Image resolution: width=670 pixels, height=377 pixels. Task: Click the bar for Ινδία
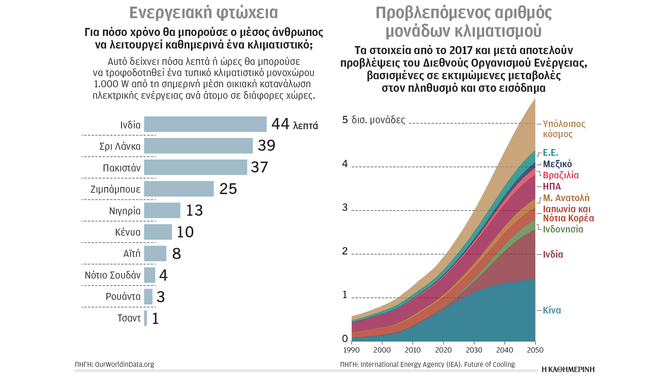(205, 124)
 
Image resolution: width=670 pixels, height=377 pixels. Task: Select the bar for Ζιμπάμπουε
(179, 189)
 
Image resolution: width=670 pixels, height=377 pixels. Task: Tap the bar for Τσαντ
(146, 318)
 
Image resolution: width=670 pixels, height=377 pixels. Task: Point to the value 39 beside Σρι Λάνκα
(267, 146)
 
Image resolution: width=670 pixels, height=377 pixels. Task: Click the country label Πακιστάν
(122, 168)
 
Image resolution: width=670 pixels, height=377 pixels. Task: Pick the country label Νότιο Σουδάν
(113, 275)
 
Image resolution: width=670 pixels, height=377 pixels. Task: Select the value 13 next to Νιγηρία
(194, 210)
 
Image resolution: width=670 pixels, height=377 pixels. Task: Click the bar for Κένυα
(158, 232)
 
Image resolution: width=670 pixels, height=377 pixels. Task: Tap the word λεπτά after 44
(305, 125)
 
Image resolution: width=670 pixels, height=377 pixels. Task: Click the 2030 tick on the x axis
(474, 350)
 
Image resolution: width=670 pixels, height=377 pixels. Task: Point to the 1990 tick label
(351, 350)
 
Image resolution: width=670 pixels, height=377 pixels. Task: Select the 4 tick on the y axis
(345, 164)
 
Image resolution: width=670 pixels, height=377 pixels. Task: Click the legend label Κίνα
(552, 310)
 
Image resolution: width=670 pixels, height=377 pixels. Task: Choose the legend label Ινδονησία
(563, 229)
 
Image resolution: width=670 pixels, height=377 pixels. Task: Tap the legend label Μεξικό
(557, 164)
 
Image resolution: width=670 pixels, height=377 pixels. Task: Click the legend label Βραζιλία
(561, 175)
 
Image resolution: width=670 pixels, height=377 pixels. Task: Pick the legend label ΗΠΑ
(552, 186)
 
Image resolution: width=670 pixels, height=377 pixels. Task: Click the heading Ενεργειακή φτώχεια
(203, 13)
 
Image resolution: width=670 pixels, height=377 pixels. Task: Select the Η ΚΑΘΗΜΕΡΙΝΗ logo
(568, 369)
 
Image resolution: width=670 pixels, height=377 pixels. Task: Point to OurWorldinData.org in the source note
(124, 364)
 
